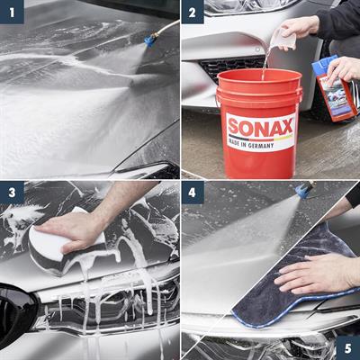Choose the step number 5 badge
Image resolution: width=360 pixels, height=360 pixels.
point(346,346)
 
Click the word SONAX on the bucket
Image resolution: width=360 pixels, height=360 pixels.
point(259,126)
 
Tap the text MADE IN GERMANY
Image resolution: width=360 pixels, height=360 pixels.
point(259,141)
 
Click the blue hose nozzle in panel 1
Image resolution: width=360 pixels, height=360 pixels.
point(149,40)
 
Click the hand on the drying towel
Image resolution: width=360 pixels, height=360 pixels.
point(315,270)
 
